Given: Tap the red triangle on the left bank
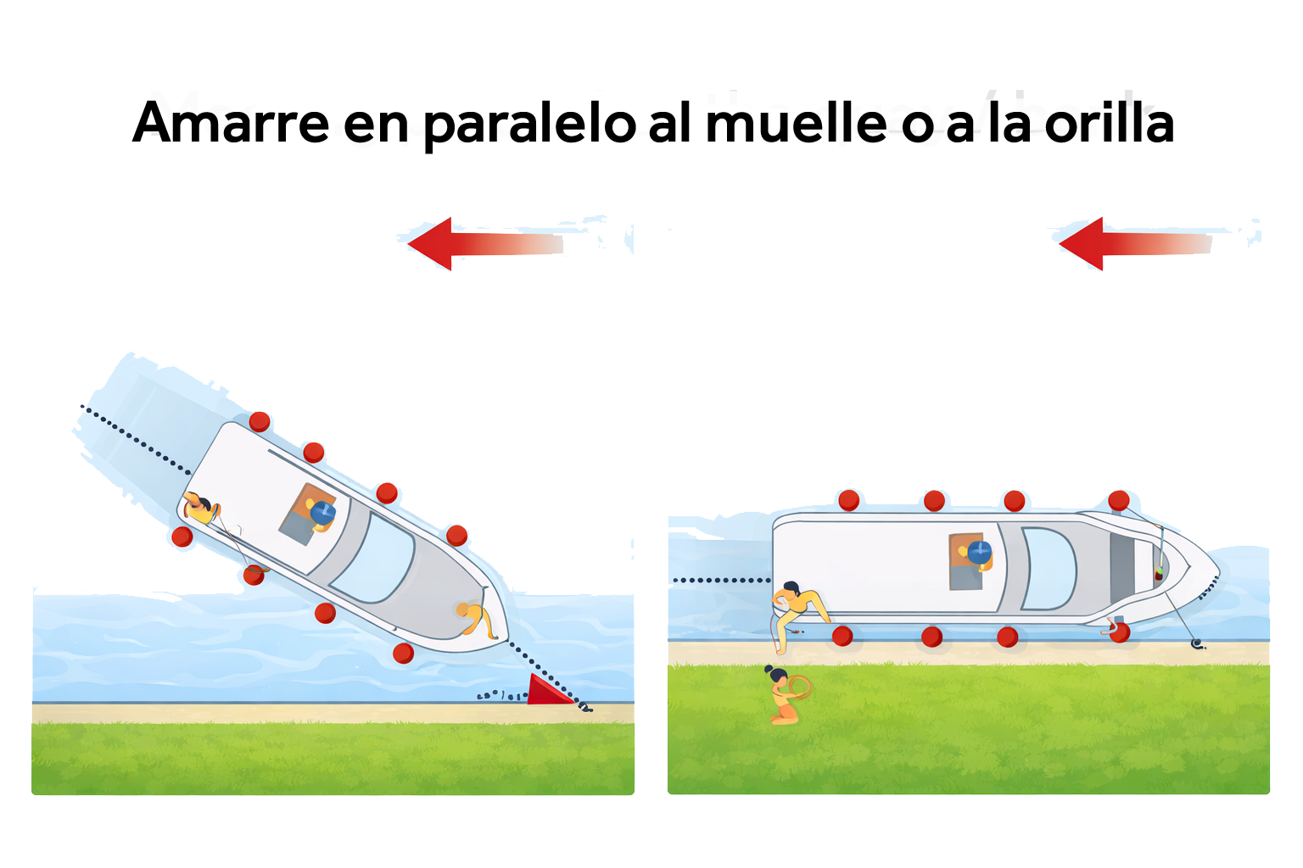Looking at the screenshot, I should click(548, 690).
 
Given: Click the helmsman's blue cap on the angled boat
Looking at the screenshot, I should click(322, 512).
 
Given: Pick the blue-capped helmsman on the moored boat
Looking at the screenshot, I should click(978, 553).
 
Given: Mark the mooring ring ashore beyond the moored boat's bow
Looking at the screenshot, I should click(1197, 644).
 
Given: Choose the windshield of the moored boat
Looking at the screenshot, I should click(1049, 568).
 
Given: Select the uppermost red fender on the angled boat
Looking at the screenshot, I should click(260, 421).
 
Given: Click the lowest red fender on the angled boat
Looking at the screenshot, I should click(403, 653).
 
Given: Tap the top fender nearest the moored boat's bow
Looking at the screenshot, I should click(1119, 500).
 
